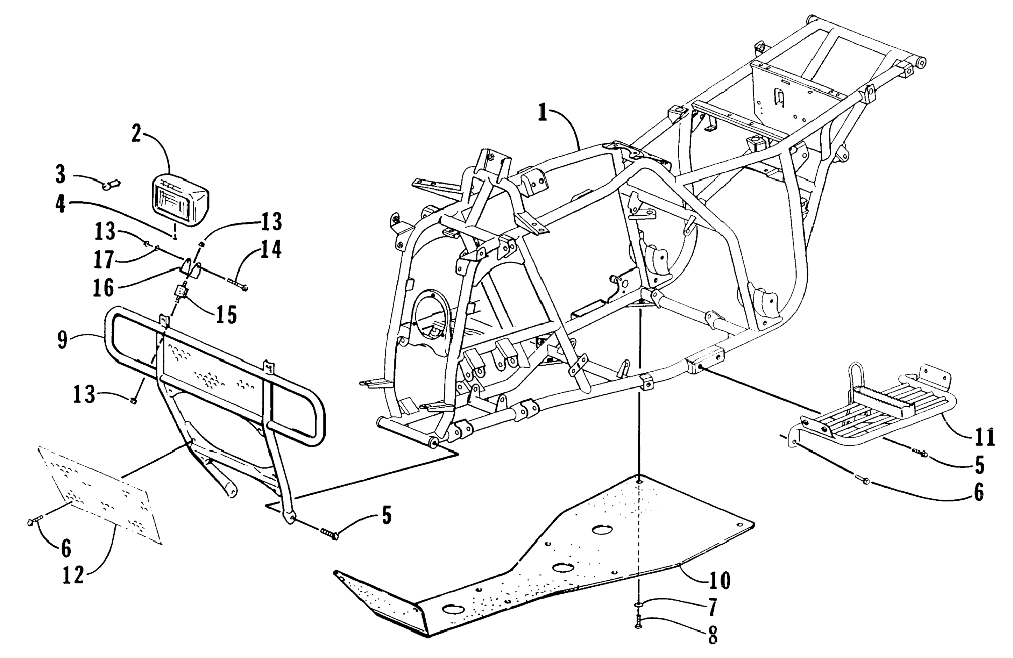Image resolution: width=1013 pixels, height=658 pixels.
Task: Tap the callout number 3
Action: pos(61,175)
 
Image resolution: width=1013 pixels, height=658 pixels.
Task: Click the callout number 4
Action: pos(61,205)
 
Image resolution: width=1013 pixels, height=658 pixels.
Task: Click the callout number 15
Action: pos(226,315)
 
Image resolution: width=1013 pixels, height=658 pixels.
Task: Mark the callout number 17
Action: pos(104,260)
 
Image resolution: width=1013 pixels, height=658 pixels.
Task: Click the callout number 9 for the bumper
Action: pos(63,340)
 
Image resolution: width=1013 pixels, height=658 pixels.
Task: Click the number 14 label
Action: pos(271,250)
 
